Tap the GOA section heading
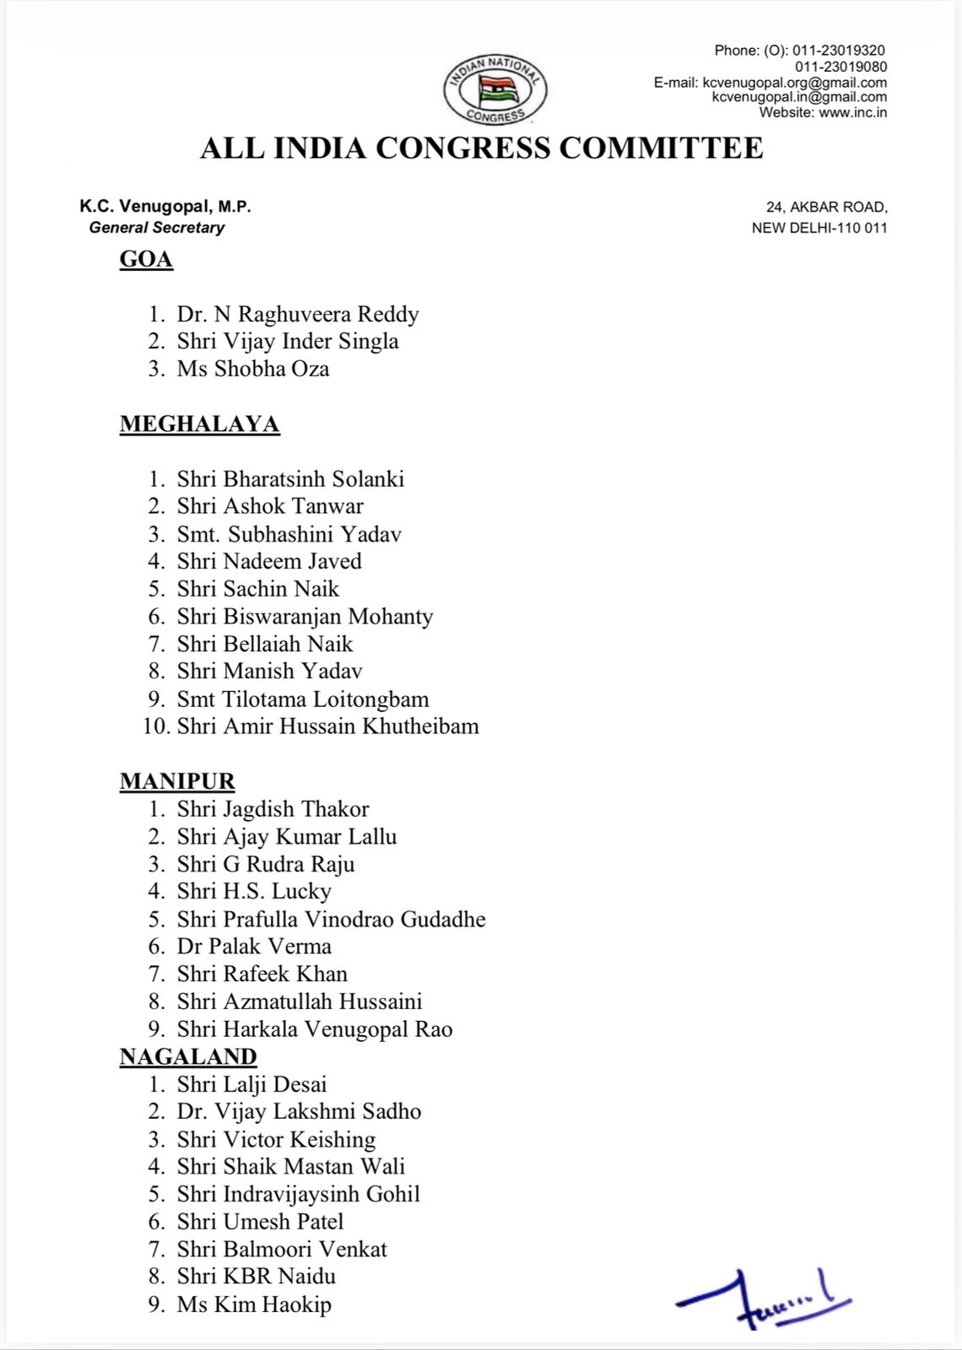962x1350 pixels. coord(146,259)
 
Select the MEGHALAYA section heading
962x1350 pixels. coord(199,424)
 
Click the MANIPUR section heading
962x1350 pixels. coord(177,781)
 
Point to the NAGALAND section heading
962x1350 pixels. coord(188,1056)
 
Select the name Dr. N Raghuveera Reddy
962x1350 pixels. coord(298,314)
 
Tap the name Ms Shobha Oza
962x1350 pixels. coord(253,369)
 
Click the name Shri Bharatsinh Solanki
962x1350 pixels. coord(290,479)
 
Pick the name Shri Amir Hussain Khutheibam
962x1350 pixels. coord(327,726)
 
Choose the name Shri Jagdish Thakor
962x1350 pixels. coord(273,809)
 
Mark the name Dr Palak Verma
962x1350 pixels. coord(254,947)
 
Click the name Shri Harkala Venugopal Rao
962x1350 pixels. coord(315,1029)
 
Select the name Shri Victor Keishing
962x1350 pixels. coord(276,1139)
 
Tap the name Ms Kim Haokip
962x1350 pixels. coord(254,1304)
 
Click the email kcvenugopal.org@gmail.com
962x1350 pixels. coord(794,83)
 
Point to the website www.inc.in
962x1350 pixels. coord(852,112)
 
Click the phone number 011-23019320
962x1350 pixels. coord(838,51)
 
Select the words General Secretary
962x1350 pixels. coord(157,228)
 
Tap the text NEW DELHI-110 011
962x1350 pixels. coord(819,228)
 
